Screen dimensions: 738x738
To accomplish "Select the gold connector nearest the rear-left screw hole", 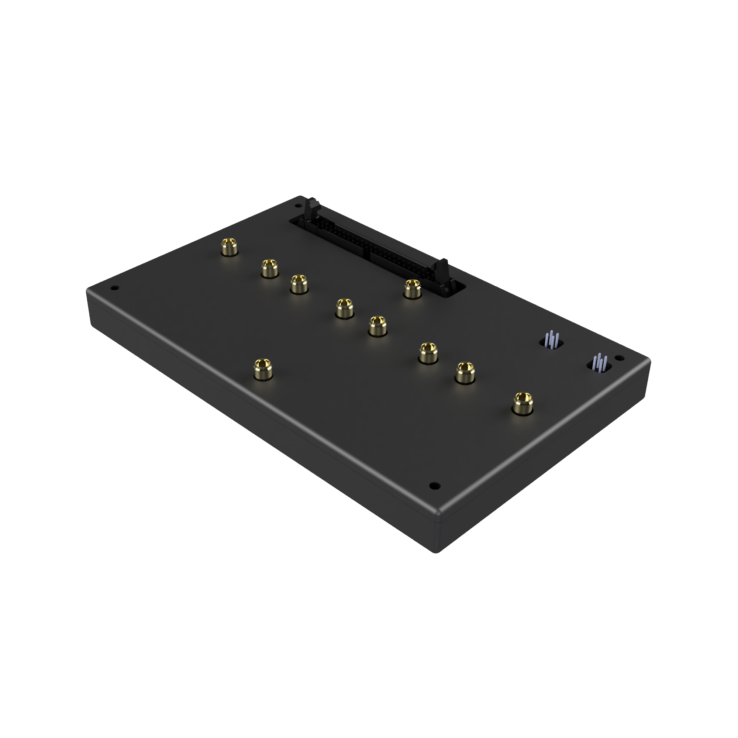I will coord(230,246).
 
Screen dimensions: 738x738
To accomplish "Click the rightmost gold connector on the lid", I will coord(522,403).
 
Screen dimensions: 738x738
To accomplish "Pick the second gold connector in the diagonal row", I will coord(269,269).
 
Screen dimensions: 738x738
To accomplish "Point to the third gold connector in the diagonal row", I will coord(299,284).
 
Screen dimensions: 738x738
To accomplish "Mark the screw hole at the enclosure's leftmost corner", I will coord(113,288).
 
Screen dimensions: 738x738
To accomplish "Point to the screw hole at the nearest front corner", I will coord(434,486).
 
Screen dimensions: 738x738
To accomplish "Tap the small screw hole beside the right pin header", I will coord(619,358).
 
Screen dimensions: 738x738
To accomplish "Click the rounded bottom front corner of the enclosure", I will coord(438,550).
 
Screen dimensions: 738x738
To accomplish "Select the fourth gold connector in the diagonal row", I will coord(344,308).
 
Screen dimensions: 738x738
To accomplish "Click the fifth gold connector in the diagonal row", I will coord(378,326).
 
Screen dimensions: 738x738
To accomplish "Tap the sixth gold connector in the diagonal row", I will coord(428,352).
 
